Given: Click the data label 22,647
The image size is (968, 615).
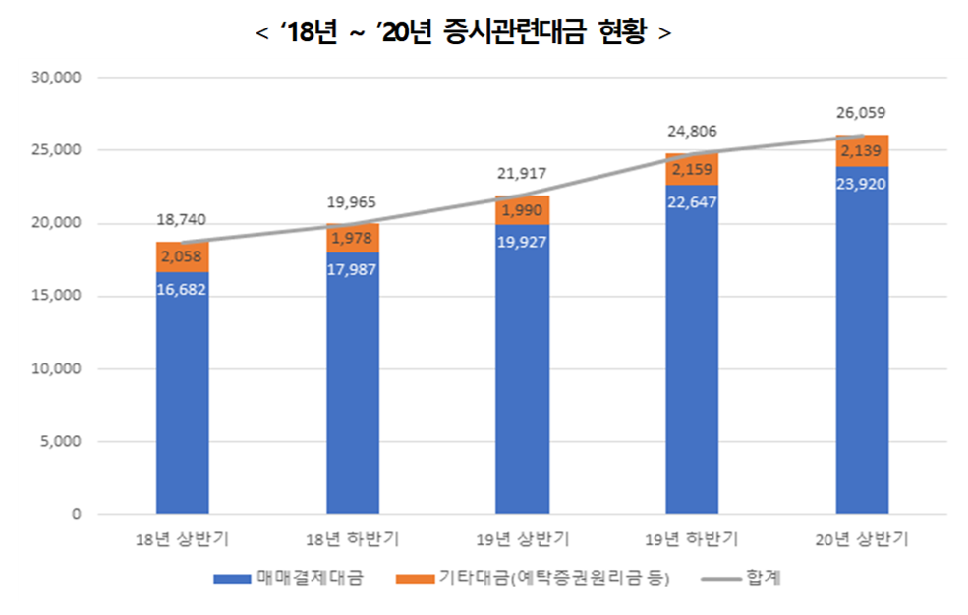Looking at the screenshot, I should pos(692,202).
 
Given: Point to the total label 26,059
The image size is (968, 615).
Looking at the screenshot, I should pos(862,113).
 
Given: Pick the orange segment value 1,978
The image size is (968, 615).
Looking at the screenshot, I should pos(352,237).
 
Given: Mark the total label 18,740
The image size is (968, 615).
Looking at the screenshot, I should pos(182,220).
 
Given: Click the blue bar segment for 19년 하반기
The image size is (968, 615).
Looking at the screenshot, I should pos(692,373).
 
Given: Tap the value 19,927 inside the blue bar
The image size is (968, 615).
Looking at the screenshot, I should pos(522,242).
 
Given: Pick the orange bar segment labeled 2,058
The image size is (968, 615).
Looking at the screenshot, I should pos(182,257).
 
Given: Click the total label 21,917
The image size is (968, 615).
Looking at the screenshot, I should pos(522,174).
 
